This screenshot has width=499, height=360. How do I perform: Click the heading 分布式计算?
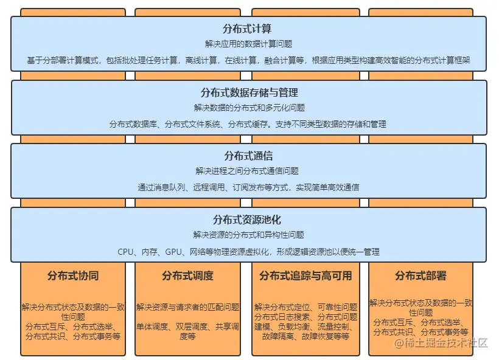pos(247,29)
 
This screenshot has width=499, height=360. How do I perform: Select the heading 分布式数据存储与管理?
pos(249,92)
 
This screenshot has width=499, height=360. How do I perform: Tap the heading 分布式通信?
pos(248,156)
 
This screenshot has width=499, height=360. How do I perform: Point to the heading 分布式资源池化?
pos(247,220)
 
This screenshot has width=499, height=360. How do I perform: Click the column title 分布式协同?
pos(73,275)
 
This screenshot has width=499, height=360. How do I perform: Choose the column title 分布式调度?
pos(187,275)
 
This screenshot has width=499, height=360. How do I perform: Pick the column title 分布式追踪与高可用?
pos(305,275)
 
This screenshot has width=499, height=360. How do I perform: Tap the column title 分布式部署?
pos(420,275)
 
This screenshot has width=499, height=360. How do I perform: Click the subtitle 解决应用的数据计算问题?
pos(248,44)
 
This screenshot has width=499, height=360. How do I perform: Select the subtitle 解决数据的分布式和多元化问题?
pos(249,108)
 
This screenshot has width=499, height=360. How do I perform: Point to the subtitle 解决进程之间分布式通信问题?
pos(247,171)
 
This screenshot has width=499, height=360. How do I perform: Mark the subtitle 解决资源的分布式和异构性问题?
pos(248,235)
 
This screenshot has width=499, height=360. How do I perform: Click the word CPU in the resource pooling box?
pos(125,252)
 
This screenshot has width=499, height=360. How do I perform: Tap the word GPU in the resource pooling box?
pos(173,252)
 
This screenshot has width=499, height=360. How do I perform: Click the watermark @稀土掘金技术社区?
pos(441,343)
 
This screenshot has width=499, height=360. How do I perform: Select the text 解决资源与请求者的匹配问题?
pos(188,307)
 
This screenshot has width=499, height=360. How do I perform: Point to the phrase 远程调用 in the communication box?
pos(209,187)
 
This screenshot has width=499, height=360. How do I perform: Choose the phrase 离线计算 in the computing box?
pos(201,60)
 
